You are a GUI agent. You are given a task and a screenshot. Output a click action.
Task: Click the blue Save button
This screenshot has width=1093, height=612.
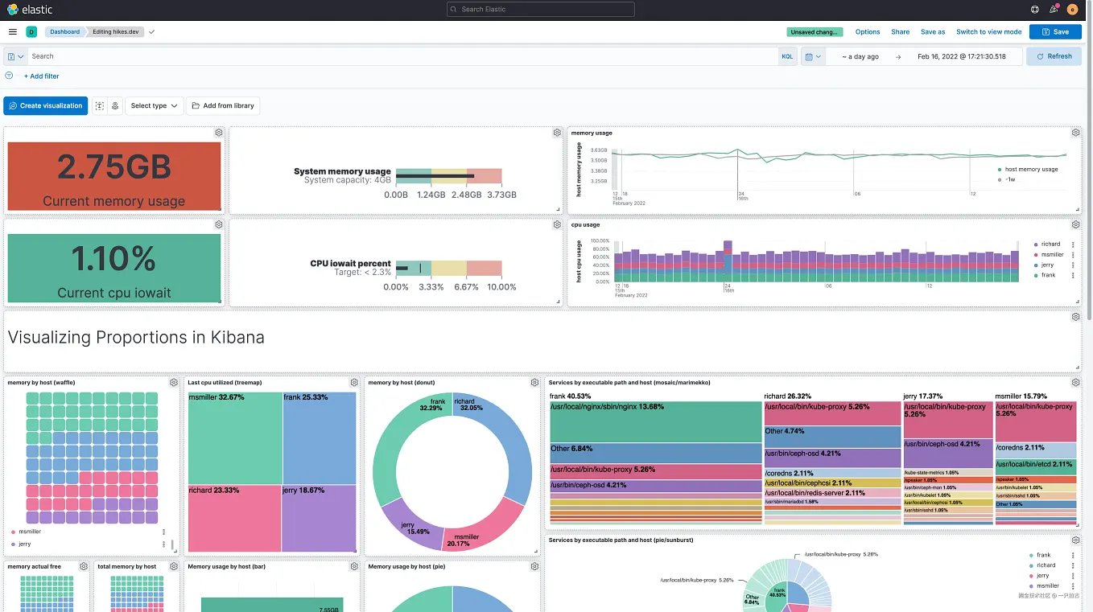coord(1054,32)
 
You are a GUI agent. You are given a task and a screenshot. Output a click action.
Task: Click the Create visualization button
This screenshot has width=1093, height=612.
coord(46,105)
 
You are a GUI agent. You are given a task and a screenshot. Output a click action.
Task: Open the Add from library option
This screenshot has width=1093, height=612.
coord(223,105)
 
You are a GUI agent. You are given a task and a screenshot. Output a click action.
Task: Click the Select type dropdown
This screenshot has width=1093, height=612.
coord(154,105)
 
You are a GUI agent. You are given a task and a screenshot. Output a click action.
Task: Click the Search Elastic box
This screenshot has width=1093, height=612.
coord(540,10)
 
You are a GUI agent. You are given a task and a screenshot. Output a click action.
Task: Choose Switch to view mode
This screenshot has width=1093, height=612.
coord(988,32)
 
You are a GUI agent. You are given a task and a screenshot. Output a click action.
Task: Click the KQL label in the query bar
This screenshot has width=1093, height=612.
coord(787,56)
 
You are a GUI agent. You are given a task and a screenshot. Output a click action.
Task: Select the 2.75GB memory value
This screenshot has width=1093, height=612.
coord(113,166)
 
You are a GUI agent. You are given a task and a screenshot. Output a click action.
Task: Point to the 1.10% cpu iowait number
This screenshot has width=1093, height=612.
coord(113,259)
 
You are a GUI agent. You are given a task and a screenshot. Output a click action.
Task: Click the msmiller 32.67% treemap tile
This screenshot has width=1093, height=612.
coord(234,438)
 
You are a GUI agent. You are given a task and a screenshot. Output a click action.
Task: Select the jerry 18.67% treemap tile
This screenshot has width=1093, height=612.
coord(319,519)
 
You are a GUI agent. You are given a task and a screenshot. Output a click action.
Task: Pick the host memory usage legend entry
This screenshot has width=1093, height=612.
coord(1031,170)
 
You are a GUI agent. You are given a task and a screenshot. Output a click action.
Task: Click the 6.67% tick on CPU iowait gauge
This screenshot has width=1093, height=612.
coord(467,287)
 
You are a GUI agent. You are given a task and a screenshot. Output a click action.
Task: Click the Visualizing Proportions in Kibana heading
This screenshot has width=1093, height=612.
coord(136,338)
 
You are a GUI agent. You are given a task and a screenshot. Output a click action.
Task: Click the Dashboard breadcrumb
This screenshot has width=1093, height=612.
coord(64,32)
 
